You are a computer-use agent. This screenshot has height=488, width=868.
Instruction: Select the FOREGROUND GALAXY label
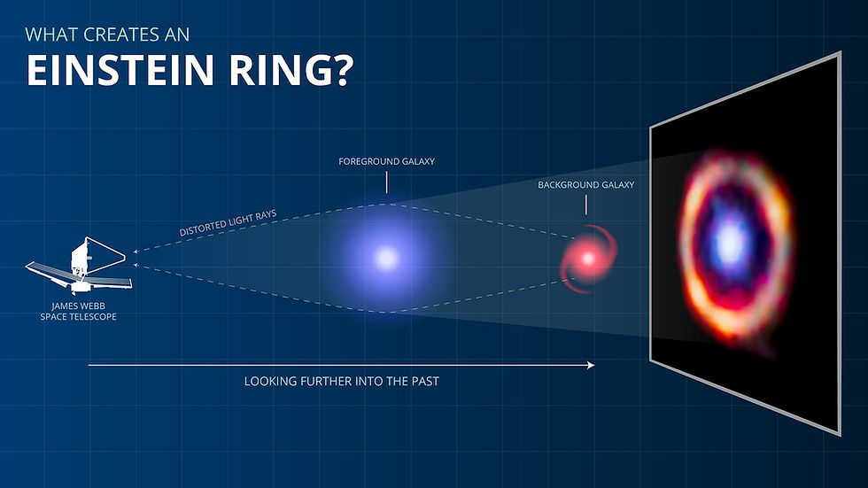pos(386,162)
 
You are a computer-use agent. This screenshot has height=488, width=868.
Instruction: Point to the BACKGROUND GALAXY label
pos(586,185)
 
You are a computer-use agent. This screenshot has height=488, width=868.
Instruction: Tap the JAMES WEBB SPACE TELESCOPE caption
pos(78,310)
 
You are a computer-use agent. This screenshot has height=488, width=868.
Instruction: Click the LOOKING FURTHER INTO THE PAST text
pos(341,382)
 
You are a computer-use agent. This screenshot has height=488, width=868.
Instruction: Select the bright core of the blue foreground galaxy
pos(386,258)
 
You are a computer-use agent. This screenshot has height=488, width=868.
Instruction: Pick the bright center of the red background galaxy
pos(586,259)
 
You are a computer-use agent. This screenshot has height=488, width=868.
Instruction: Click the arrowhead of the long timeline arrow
pos(591,364)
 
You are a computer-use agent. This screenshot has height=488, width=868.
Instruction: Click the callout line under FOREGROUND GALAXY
pos(386,182)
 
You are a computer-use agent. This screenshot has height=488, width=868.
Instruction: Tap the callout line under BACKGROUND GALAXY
pos(586,205)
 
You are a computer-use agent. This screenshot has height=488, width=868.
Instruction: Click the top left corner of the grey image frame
pos(651,126)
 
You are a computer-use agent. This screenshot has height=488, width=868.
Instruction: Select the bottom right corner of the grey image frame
pos(838,434)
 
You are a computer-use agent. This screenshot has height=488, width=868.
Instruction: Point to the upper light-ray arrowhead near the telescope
pos(135,252)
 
